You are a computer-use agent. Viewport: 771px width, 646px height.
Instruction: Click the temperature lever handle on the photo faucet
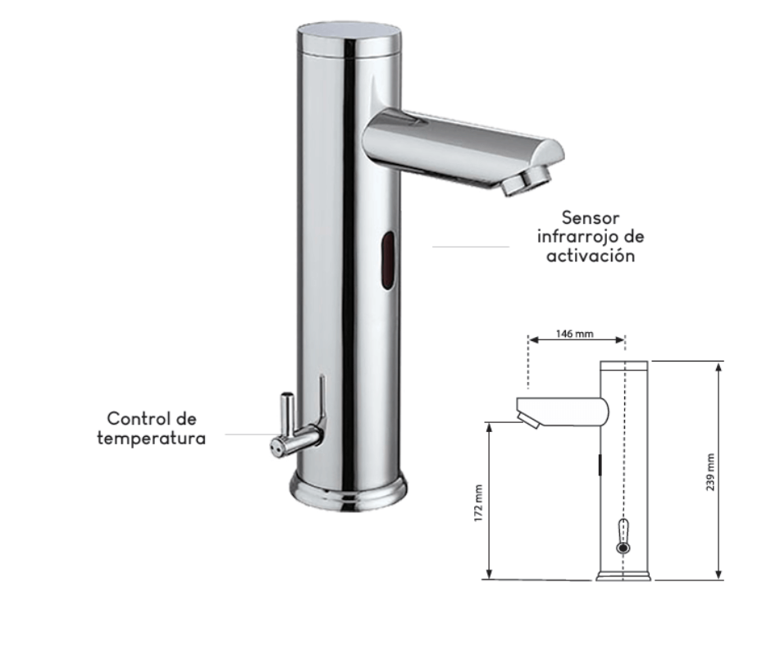pos(289,418)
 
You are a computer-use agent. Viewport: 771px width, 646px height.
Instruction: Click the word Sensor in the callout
pos(591,218)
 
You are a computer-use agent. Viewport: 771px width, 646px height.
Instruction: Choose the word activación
pos(591,255)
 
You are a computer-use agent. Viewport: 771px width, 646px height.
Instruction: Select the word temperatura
pos(151,438)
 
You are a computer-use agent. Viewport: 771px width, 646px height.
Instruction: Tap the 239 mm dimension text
pos(710,472)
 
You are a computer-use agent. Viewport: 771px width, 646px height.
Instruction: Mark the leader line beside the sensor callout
pos(471,246)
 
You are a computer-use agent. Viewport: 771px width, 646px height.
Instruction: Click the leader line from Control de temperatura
pos(247,434)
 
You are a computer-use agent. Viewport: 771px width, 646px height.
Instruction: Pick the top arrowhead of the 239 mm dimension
pos(719,366)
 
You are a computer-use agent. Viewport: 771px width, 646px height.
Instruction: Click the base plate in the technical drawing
pos(623,576)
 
